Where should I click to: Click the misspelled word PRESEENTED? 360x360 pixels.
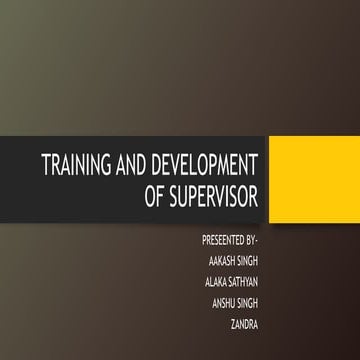(x=224, y=241)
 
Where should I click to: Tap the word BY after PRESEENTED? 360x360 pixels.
(x=251, y=241)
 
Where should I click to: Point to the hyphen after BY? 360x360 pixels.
(x=258, y=242)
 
